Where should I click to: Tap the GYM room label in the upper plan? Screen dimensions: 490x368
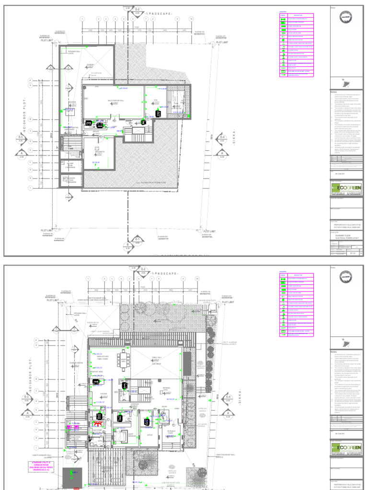(x=155, y=100)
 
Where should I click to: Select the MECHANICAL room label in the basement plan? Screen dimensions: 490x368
(x=100, y=152)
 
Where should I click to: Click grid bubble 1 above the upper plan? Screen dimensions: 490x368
(x=82, y=19)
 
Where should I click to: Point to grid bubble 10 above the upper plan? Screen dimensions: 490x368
(x=191, y=19)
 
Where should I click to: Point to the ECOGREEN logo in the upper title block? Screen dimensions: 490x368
(x=346, y=188)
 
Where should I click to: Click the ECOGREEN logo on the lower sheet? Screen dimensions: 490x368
(x=346, y=449)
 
